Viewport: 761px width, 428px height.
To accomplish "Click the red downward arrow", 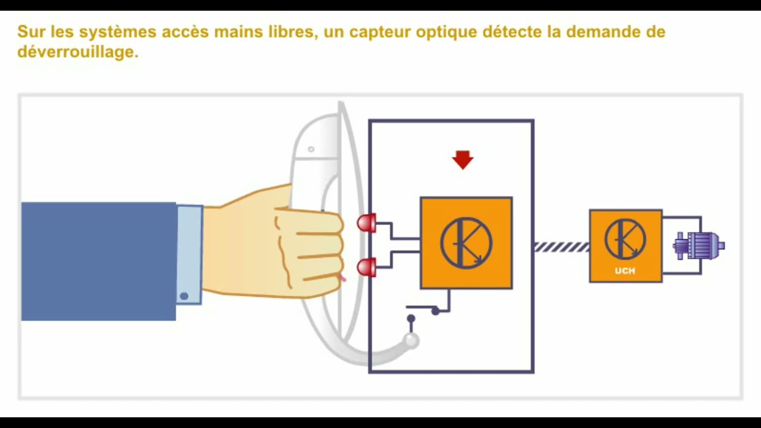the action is (463, 160).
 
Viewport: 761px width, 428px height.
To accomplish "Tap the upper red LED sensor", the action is (367, 223).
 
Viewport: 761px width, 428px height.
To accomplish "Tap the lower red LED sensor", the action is (367, 267).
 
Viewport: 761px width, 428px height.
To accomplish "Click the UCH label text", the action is (625, 270).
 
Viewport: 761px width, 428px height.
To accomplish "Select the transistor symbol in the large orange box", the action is (466, 243).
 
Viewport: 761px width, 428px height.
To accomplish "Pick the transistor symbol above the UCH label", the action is (625, 240).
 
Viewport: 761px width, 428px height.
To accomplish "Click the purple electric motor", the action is (699, 246).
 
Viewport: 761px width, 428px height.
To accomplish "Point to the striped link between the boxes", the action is (562, 247).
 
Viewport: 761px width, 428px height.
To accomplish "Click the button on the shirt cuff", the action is (184, 296).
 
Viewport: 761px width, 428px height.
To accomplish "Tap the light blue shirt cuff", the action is (190, 254).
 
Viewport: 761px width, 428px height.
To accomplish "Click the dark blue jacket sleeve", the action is (99, 261).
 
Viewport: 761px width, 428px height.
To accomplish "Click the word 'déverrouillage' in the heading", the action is (78, 52).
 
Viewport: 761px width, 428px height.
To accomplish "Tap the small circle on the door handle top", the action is (311, 149).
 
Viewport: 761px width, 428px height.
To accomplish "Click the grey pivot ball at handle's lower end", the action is (411, 341).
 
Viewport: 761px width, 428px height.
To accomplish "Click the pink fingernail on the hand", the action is (342, 278).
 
